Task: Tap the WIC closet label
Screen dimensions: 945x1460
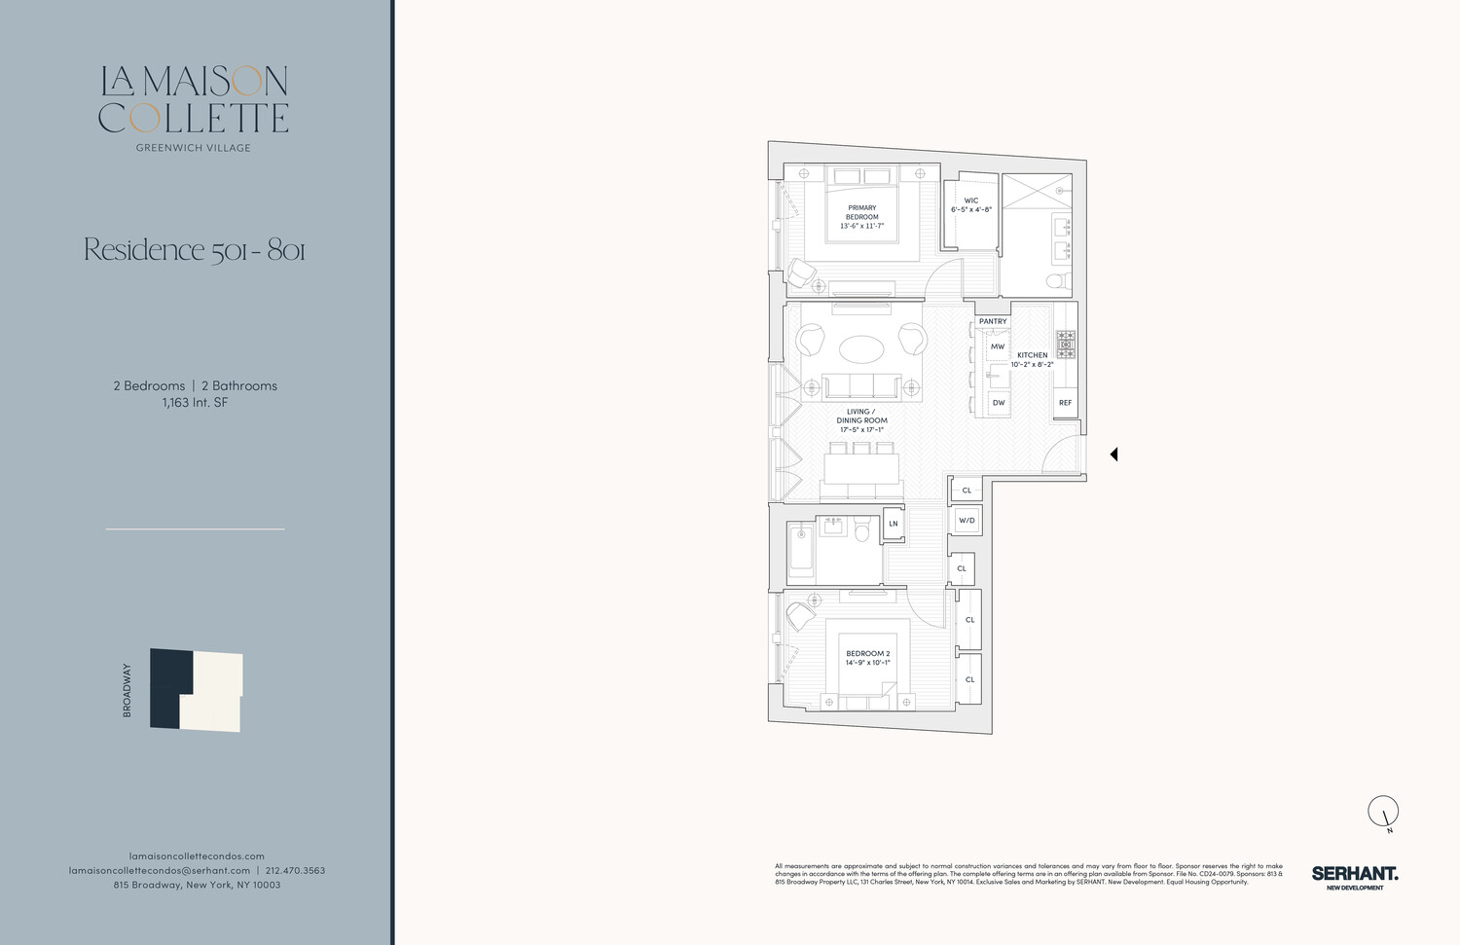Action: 970,205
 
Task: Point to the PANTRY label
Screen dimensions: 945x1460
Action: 993,321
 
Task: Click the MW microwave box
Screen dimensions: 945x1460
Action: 997,346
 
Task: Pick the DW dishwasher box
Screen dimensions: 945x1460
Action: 998,402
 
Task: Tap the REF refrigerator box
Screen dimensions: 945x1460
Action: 1065,402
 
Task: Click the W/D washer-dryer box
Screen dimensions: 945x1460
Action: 967,521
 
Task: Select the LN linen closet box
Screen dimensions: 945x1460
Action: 894,524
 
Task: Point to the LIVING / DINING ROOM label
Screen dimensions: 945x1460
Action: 861,420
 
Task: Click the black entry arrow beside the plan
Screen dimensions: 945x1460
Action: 1113,454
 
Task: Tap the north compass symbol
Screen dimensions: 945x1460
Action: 1383,812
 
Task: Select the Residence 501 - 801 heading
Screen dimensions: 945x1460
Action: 195,250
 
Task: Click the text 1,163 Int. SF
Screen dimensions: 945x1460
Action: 195,402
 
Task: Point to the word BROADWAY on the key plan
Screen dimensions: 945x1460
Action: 127,690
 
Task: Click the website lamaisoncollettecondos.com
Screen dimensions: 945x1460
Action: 197,855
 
